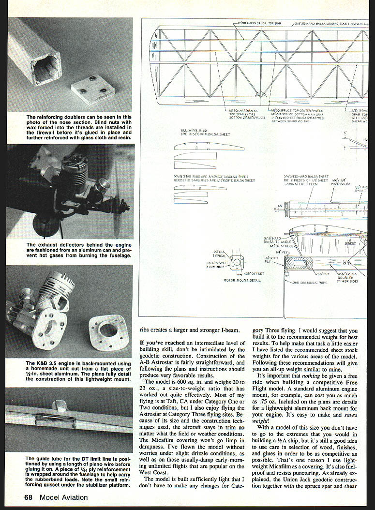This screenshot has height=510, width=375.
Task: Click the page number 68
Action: [30, 497]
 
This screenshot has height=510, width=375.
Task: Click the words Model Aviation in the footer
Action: [64, 497]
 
